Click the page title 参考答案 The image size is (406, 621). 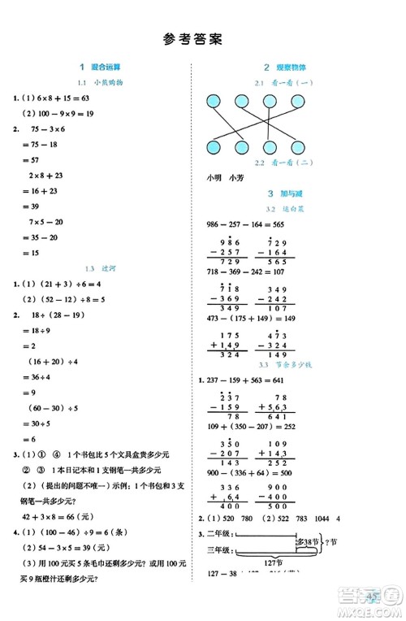pos(192,38)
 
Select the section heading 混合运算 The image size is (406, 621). pos(106,67)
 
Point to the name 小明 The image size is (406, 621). pos(214,177)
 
